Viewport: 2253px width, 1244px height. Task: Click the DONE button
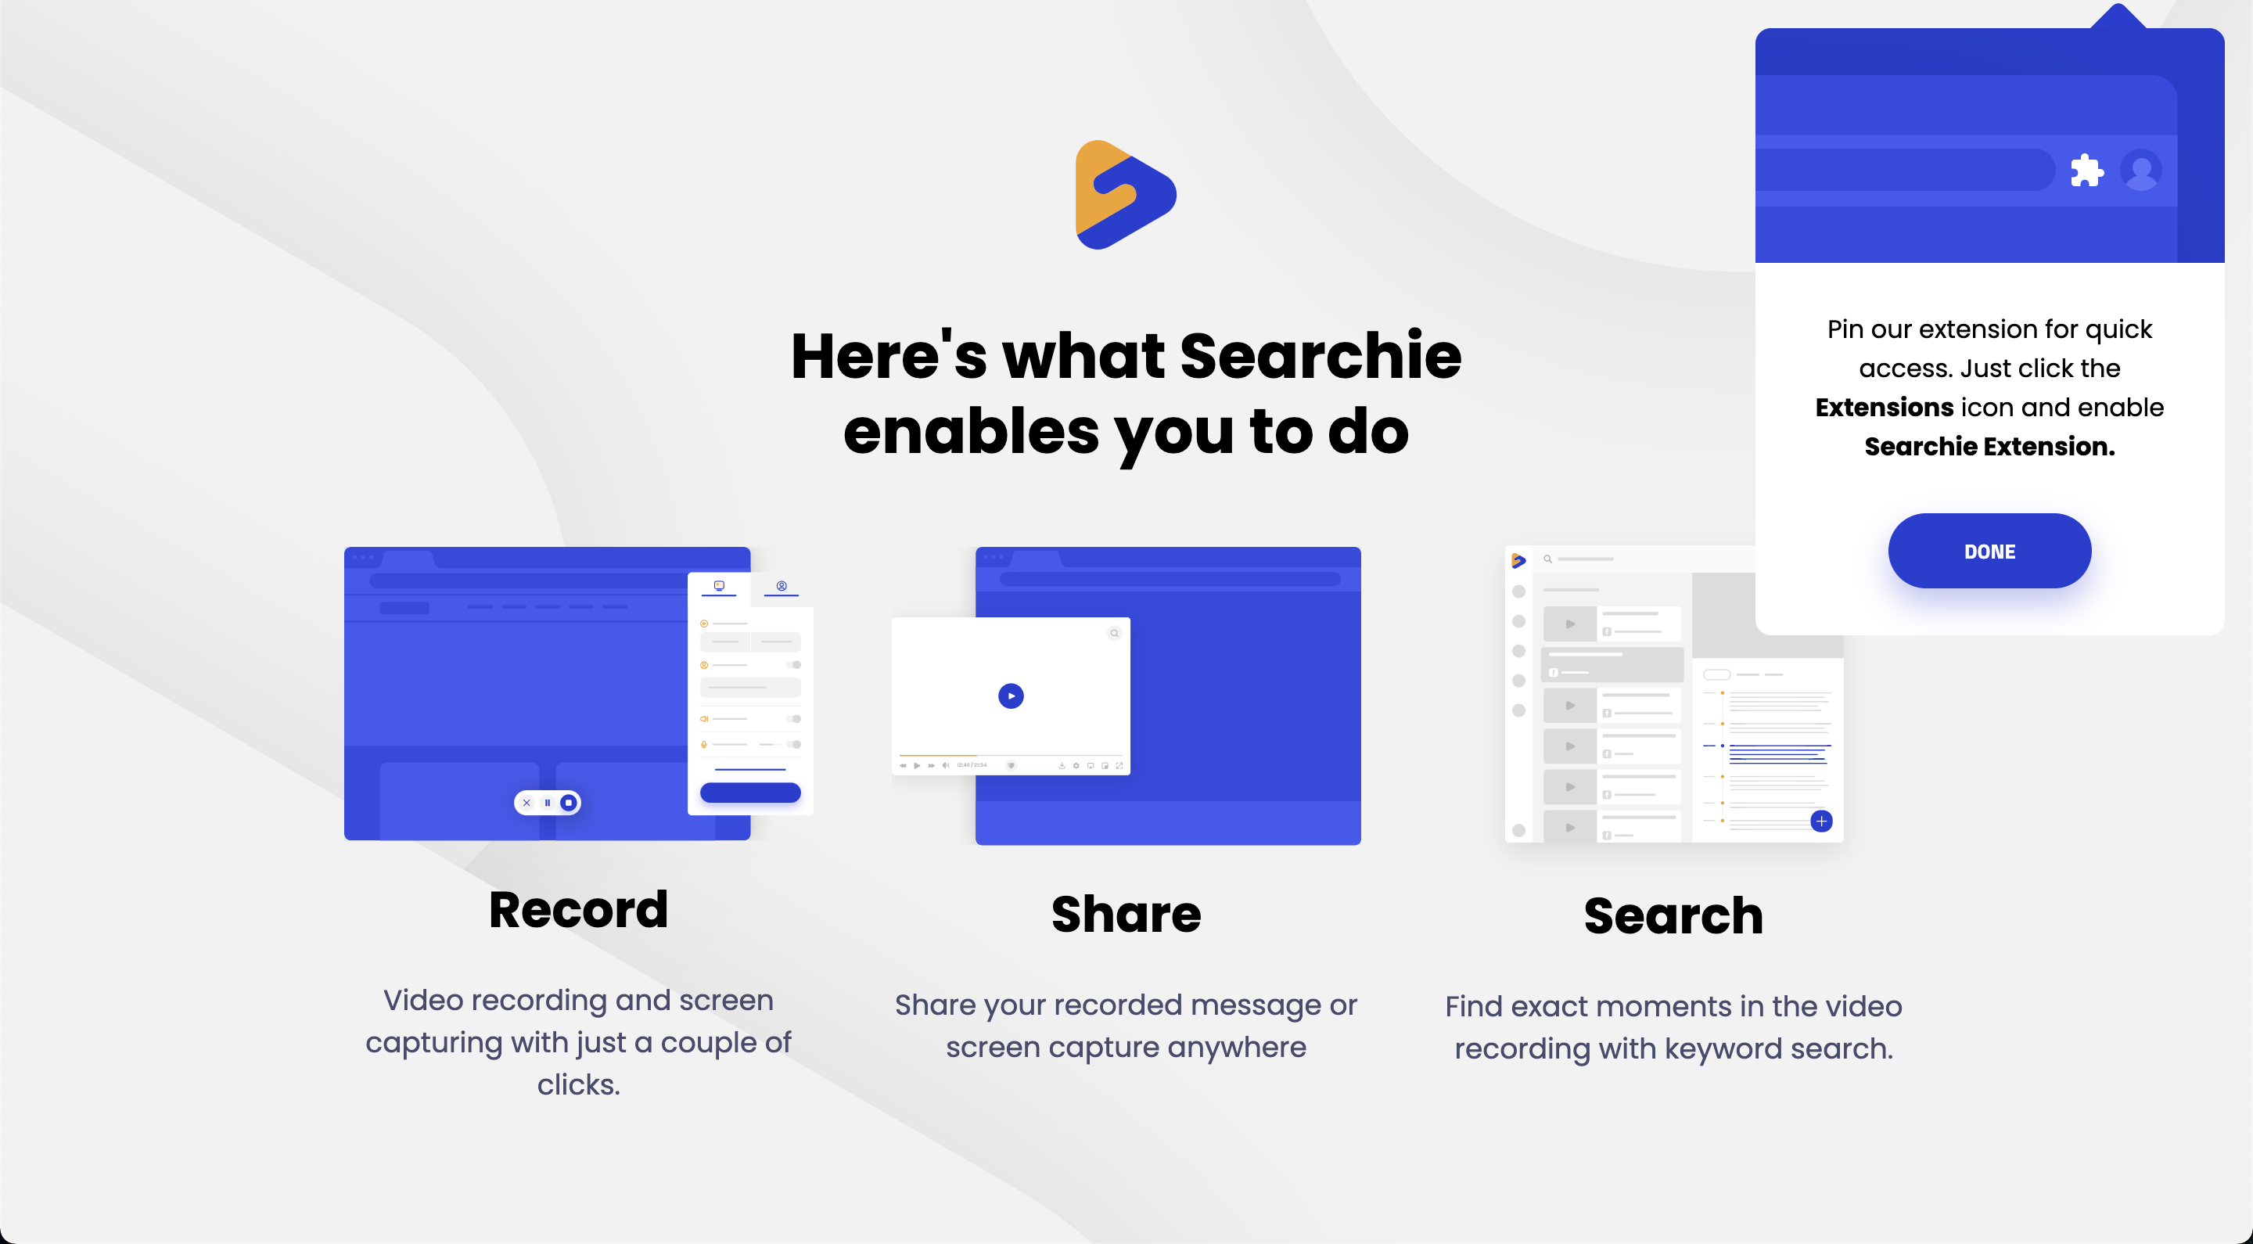click(1989, 551)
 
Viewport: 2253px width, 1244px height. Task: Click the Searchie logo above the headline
click(1125, 195)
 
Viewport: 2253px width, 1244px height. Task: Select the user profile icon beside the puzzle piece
click(2140, 170)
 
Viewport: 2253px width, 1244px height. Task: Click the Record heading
click(578, 910)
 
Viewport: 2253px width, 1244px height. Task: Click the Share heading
click(1126, 914)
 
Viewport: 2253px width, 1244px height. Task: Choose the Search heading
click(1673, 916)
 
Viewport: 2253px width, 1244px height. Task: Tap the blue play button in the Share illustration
click(1010, 696)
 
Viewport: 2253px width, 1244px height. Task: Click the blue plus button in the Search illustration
click(1821, 821)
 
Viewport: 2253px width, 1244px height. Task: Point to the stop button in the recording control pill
click(569, 802)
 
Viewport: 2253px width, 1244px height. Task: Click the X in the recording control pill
click(526, 802)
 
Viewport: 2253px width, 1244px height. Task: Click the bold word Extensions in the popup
click(1884, 408)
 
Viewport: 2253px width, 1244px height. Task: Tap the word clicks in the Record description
click(578, 1084)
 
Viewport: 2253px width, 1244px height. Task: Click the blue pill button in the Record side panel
click(749, 793)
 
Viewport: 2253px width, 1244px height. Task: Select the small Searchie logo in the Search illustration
click(1518, 560)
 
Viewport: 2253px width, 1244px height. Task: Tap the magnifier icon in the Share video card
click(1113, 632)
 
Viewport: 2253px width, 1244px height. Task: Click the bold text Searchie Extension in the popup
click(1989, 447)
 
